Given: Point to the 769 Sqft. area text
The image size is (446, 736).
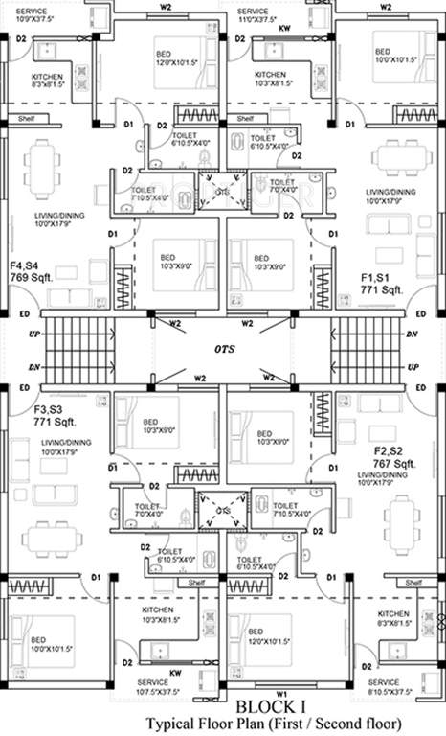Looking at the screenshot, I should [x=33, y=277].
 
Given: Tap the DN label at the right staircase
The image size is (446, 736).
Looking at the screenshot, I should [x=413, y=334].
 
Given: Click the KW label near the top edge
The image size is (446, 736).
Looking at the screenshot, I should [x=283, y=30].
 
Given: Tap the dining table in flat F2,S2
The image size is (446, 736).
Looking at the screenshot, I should [x=405, y=518].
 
